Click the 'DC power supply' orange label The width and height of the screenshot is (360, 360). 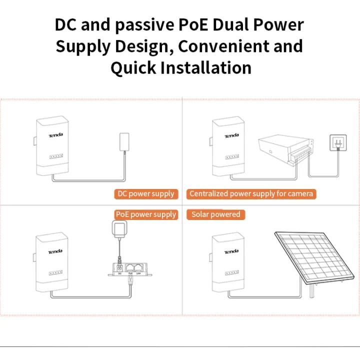click(145, 193)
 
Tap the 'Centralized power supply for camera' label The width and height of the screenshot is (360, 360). click(251, 193)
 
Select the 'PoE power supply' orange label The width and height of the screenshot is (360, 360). click(146, 214)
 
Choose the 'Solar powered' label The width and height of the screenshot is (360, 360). click(216, 214)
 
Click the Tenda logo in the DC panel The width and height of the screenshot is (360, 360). click(55, 136)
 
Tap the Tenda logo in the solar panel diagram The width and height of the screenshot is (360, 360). click(231, 251)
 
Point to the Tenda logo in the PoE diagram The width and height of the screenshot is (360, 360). click(55, 252)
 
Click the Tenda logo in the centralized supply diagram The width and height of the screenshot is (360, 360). click(231, 136)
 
